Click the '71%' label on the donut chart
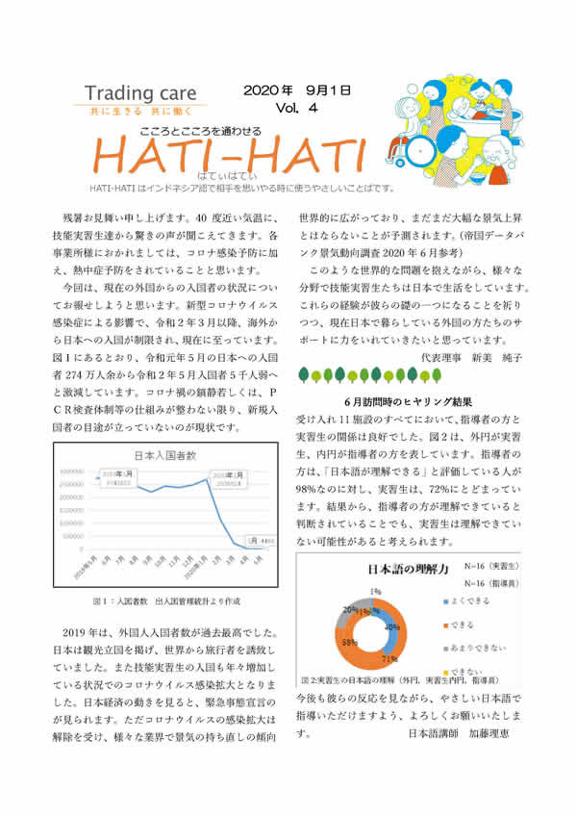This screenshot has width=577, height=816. (389, 660)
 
